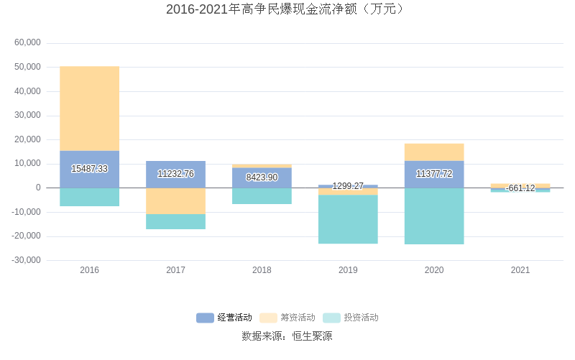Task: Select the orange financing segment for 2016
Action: pyautogui.click(x=89, y=108)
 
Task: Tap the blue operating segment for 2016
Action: pyautogui.click(x=89, y=169)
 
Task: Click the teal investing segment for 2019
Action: pyautogui.click(x=348, y=219)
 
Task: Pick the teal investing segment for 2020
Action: pyautogui.click(x=434, y=216)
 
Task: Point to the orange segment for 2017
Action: pyautogui.click(x=175, y=200)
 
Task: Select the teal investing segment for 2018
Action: pyautogui.click(x=262, y=195)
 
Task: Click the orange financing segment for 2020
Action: pyautogui.click(x=434, y=152)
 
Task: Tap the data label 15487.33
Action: pyautogui.click(x=89, y=169)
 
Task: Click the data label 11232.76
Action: pyautogui.click(x=175, y=174)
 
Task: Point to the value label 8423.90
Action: pyautogui.click(x=262, y=177)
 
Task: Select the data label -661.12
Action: pyautogui.click(x=520, y=188)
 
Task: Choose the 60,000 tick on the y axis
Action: pyautogui.click(x=28, y=43)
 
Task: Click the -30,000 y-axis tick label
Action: pyautogui.click(x=27, y=260)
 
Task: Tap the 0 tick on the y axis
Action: pyautogui.click(x=37, y=188)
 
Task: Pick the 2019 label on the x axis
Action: pyautogui.click(x=348, y=270)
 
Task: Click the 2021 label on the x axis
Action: pyautogui.click(x=520, y=270)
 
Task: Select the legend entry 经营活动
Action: pyautogui.click(x=225, y=318)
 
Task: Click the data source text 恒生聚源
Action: pyautogui.click(x=312, y=336)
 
